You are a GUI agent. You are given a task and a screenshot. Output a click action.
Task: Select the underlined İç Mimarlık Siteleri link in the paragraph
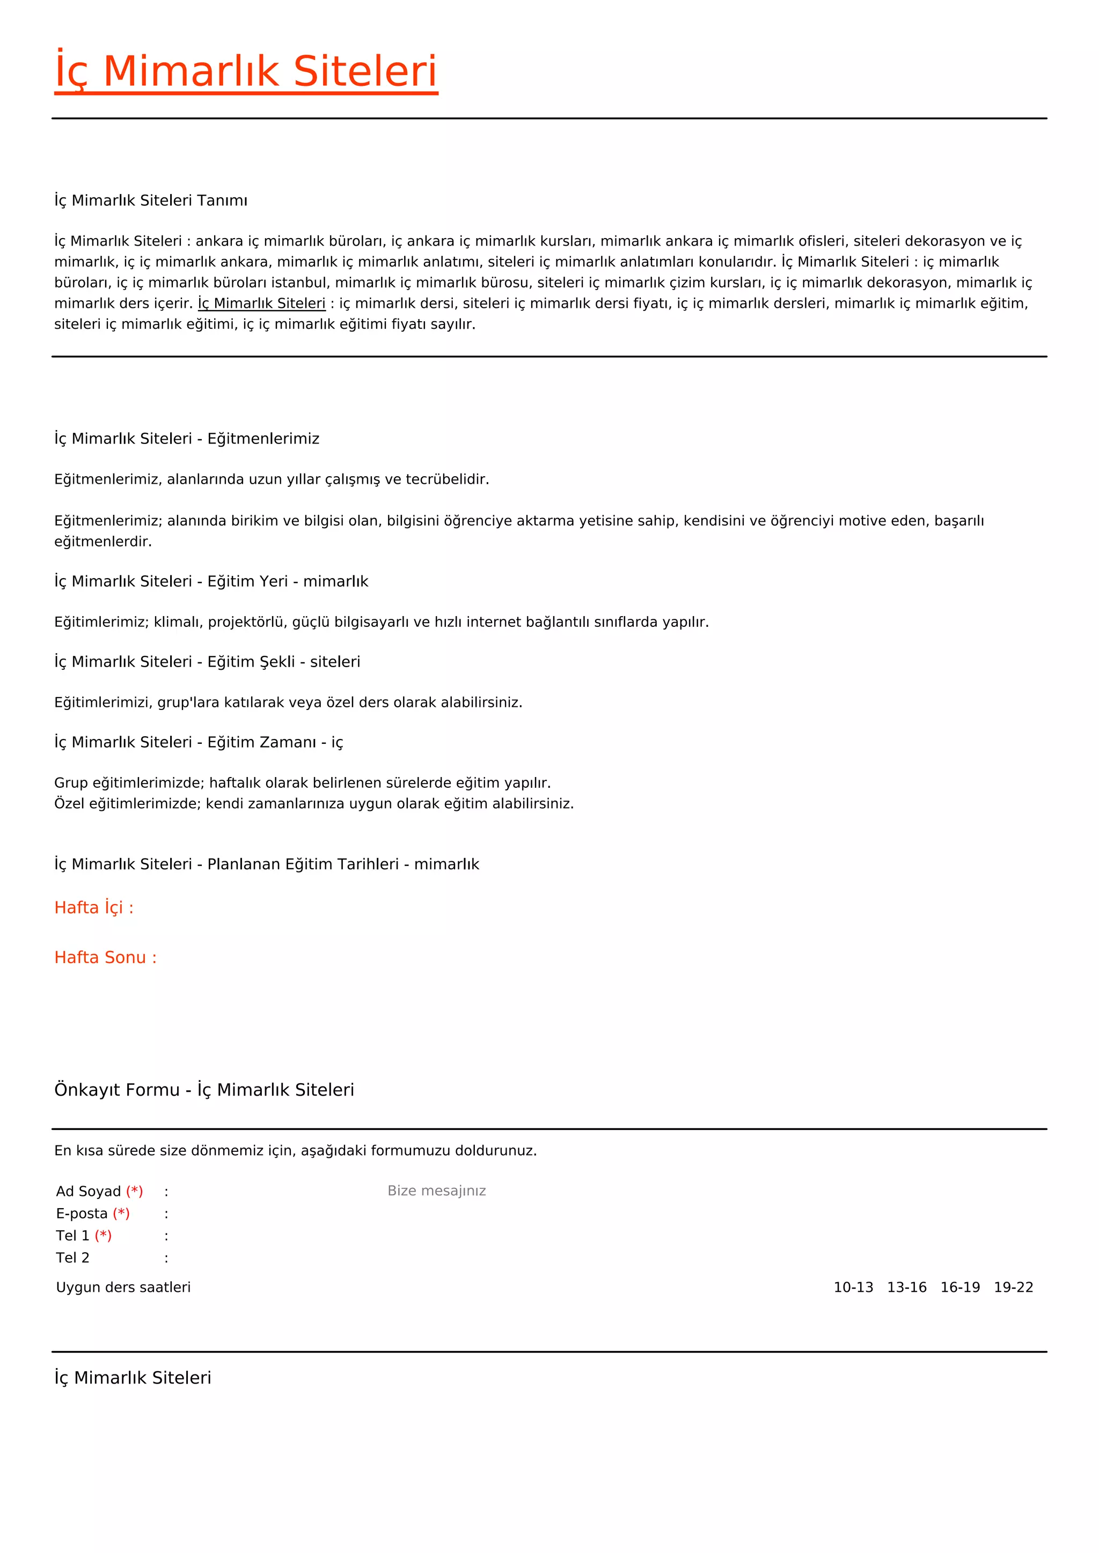coord(261,304)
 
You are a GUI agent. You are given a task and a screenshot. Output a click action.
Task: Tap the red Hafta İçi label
coord(94,908)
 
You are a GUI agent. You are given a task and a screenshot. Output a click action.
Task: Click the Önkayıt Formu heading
coord(204,1090)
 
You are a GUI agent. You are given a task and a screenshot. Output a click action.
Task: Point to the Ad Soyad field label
coord(89,1191)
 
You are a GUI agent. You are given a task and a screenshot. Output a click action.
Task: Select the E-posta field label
coord(82,1214)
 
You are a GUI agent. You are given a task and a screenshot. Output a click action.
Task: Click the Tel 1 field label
coord(72,1236)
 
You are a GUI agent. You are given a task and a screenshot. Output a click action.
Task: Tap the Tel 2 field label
coord(72,1258)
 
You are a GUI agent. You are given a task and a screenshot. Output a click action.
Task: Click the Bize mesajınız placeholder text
coord(436,1191)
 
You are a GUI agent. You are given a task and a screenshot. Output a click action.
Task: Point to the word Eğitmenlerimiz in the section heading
coord(263,439)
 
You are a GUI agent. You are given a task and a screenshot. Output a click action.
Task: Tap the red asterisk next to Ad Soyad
coord(135,1191)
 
